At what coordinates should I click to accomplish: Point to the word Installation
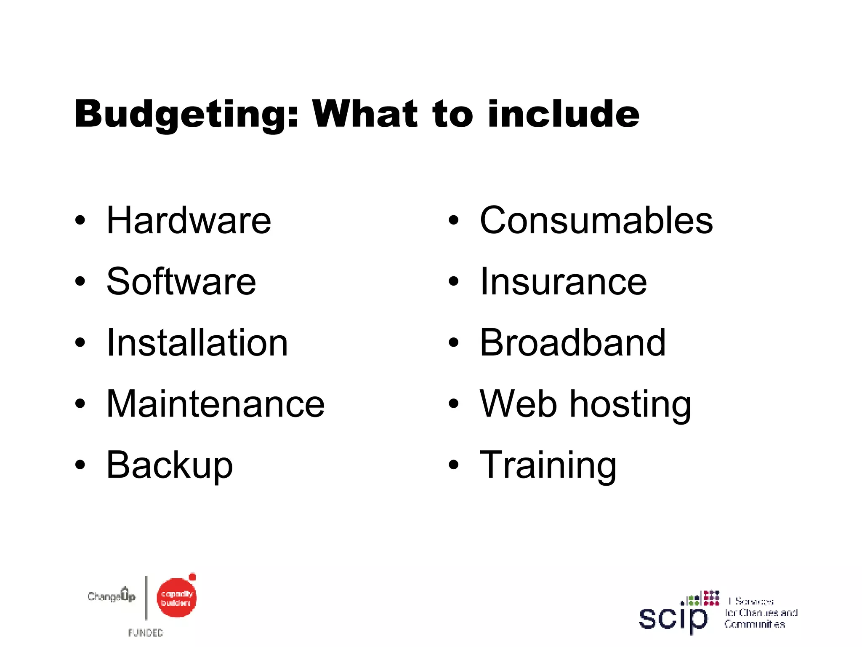197,343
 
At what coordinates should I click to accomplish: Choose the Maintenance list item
215,404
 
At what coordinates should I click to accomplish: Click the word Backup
170,465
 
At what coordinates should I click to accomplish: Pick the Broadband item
572,343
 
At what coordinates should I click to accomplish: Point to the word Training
548,465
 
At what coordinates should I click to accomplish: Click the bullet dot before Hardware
80,220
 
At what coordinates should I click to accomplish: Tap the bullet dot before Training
453,465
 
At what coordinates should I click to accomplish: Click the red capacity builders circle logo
176,598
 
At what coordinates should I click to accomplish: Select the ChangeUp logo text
112,596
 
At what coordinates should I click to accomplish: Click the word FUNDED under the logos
146,632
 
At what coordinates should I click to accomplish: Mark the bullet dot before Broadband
453,342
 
